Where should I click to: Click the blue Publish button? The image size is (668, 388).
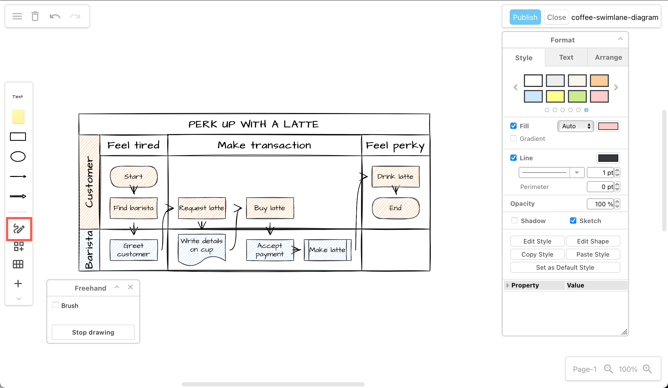pyautogui.click(x=525, y=17)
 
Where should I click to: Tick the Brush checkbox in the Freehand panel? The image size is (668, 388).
pyautogui.click(x=55, y=305)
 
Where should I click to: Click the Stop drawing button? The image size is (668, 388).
pyautogui.click(x=93, y=332)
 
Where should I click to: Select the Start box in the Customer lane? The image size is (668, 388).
pyautogui.click(x=134, y=176)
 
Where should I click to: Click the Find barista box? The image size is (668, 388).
pyautogui.click(x=134, y=208)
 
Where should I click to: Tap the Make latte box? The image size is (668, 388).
pyautogui.click(x=327, y=250)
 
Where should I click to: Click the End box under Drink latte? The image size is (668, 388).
pyautogui.click(x=396, y=208)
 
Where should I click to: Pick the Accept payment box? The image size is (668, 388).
pyautogui.click(x=270, y=250)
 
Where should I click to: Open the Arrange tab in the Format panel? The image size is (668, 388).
pyautogui.click(x=608, y=58)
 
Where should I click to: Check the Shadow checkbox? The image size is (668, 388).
pyautogui.click(x=514, y=221)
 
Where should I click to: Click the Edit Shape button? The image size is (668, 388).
pyautogui.click(x=593, y=241)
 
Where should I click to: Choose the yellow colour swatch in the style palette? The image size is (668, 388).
pyautogui.click(x=555, y=96)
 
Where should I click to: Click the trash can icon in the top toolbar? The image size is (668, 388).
pyautogui.click(x=35, y=16)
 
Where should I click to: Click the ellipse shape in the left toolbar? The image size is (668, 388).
pyautogui.click(x=18, y=157)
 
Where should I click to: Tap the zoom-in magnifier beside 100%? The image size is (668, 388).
pyautogui.click(x=647, y=369)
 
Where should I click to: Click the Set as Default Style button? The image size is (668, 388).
pyautogui.click(x=565, y=268)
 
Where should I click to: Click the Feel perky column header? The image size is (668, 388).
pyautogui.click(x=396, y=146)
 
